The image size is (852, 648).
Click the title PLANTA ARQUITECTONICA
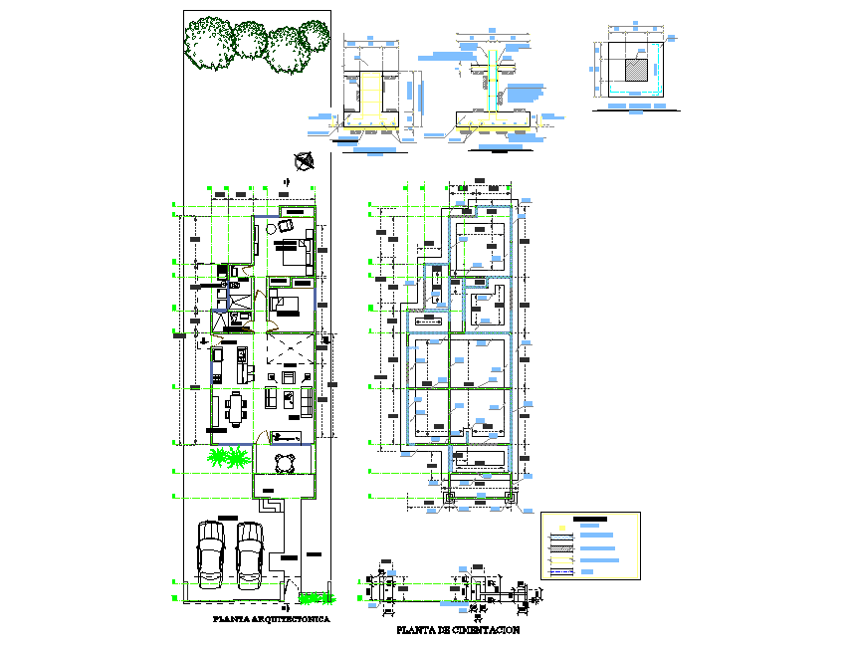(x=271, y=619)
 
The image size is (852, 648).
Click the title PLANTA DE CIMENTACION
(x=457, y=630)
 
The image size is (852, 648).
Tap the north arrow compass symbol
(x=305, y=158)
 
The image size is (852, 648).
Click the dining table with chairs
(x=236, y=408)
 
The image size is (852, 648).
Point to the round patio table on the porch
(x=286, y=464)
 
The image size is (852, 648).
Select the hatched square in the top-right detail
(x=634, y=69)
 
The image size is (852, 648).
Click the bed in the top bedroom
(x=293, y=250)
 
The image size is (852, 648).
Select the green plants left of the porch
(x=228, y=457)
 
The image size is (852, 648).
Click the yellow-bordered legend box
(x=590, y=546)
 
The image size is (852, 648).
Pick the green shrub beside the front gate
(x=317, y=598)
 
